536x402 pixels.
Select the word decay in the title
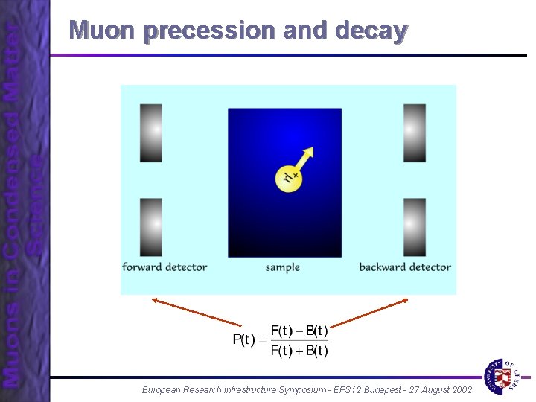[371, 31]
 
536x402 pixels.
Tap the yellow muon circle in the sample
[288, 177]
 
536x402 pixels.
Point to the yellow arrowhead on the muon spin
[309, 152]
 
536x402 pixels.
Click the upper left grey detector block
[150, 133]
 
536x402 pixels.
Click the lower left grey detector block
[150, 226]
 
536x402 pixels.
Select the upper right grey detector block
[415, 133]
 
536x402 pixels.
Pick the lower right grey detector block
[415, 226]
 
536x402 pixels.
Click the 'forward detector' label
[165, 267]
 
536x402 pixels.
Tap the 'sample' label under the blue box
[283, 267]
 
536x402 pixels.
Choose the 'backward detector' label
[405, 267]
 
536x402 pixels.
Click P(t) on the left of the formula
[243, 340]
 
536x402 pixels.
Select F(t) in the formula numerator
[282, 330]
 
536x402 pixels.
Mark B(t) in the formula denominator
[316, 351]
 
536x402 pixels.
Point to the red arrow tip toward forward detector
[153, 299]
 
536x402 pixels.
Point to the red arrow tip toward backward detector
[408, 299]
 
